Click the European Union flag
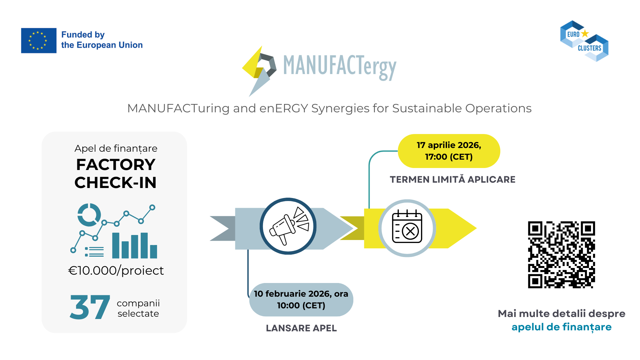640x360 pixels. [x=39, y=40]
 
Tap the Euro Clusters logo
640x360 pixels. [x=584, y=41]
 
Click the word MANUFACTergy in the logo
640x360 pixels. [x=339, y=66]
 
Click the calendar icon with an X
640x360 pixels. [x=407, y=228]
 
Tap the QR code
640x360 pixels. [x=561, y=255]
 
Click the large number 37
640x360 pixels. [x=90, y=307]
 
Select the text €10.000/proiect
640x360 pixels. [x=116, y=270]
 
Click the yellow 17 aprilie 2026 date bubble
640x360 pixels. [x=449, y=151]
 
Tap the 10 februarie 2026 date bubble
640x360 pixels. [x=301, y=299]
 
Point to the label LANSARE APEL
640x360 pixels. [x=301, y=328]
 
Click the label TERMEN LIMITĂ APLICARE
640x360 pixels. [x=452, y=179]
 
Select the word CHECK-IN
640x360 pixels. [x=115, y=183]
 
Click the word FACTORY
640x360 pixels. [x=116, y=165]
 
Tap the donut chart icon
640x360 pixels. [x=89, y=215]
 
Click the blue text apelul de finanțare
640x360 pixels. [x=561, y=327]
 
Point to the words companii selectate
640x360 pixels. [x=138, y=308]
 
